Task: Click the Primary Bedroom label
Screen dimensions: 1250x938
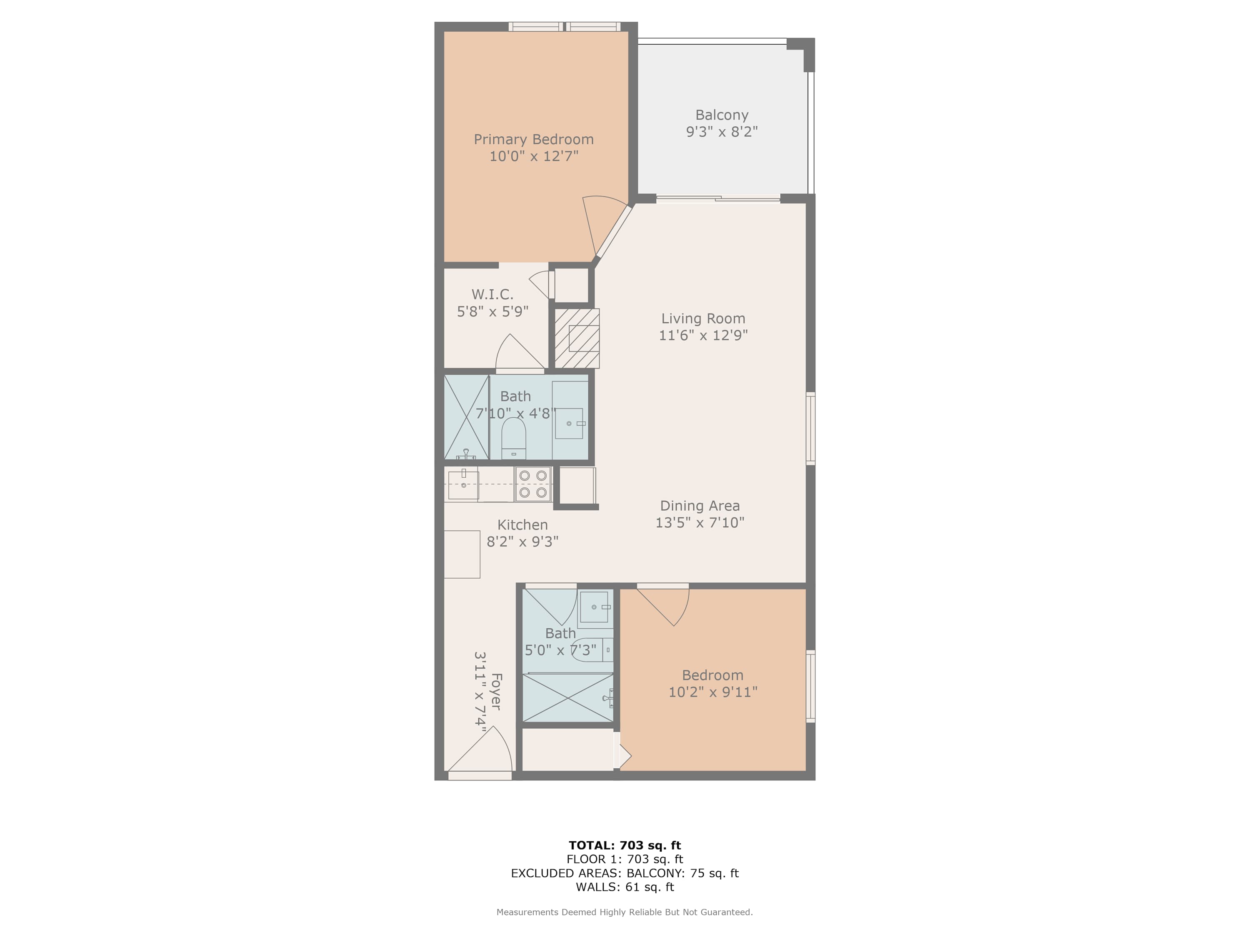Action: (533, 139)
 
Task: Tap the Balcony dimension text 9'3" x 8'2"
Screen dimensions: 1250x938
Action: (722, 132)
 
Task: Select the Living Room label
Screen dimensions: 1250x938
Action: (703, 319)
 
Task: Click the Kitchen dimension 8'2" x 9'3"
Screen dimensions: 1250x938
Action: (522, 542)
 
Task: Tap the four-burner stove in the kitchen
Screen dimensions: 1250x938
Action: (533, 484)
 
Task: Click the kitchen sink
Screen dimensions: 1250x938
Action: (463, 484)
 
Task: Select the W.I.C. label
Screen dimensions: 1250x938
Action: (492, 294)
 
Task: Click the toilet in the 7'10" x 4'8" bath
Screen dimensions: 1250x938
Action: (514, 438)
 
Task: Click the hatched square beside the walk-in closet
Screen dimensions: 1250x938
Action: (576, 338)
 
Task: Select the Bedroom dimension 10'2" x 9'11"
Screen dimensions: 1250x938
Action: (712, 692)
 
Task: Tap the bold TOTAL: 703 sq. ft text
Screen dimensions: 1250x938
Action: (625, 845)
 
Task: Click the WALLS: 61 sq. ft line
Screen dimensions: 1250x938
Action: (625, 887)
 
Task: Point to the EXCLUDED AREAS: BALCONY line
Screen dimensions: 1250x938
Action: (625, 873)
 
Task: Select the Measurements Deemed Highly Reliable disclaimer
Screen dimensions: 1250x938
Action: (625, 912)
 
